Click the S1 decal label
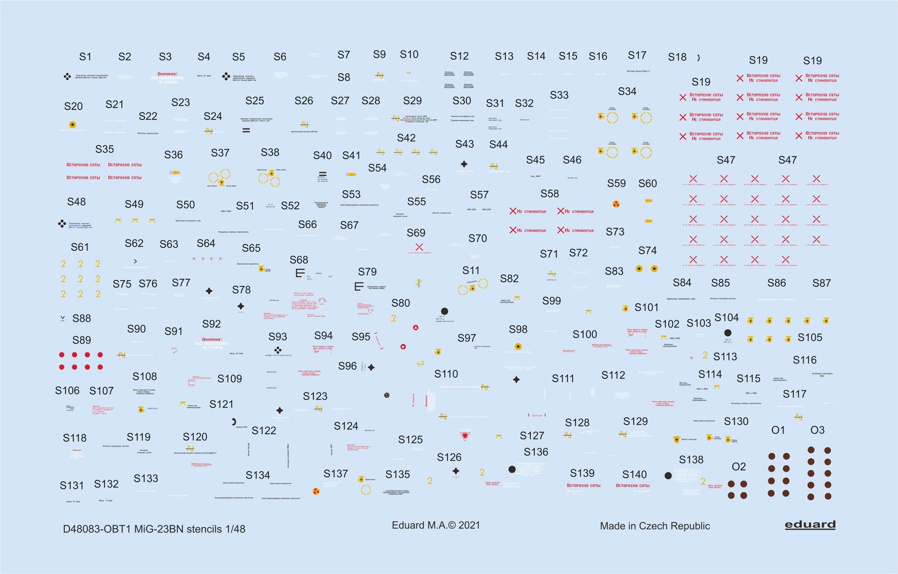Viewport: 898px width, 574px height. tap(85, 56)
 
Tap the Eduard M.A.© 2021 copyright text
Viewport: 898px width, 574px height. tap(435, 525)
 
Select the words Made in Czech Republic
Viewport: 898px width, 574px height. tap(655, 526)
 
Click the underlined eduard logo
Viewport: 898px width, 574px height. tap(810, 525)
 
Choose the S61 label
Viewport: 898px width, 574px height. tap(80, 247)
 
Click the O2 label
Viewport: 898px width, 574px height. tap(739, 467)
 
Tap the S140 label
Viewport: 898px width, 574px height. tap(635, 474)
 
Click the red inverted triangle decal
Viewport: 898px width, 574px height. tap(465, 436)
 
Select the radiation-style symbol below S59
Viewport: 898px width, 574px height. tap(616, 204)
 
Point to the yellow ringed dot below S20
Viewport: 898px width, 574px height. tap(72, 125)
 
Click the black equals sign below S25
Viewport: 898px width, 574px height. tap(246, 130)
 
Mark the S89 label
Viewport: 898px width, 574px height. tap(81, 340)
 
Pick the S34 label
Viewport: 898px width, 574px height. tap(627, 91)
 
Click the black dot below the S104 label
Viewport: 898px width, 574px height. tap(728, 333)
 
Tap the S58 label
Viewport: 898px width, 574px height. tap(550, 193)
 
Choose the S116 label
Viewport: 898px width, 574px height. tap(805, 360)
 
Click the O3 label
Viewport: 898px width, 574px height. tap(817, 430)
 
